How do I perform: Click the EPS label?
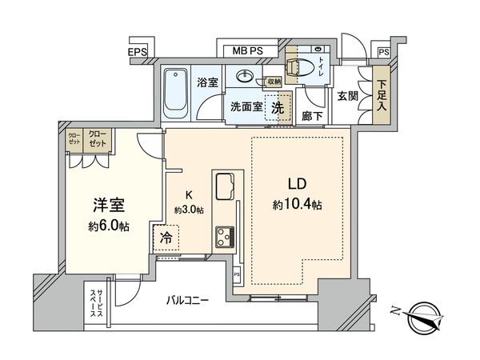pyautogui.click(x=138, y=52)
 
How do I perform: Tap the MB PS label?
pyautogui.click(x=248, y=51)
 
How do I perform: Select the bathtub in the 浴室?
pyautogui.click(x=175, y=93)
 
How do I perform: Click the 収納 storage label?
pyautogui.click(x=274, y=82)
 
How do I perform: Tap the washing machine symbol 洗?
pyautogui.click(x=278, y=108)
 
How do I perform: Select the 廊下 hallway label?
pyautogui.click(x=312, y=116)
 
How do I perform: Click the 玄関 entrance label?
pyautogui.click(x=347, y=97)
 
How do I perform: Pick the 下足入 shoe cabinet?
pyautogui.click(x=382, y=95)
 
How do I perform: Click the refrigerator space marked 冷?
pyautogui.click(x=166, y=238)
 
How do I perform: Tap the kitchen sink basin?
pyautogui.click(x=225, y=186)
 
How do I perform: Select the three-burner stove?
pyautogui.click(x=225, y=237)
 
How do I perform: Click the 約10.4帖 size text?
pyautogui.click(x=297, y=204)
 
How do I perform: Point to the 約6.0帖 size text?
pyautogui.click(x=109, y=226)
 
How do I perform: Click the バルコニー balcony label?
pyautogui.click(x=187, y=300)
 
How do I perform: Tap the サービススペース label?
pyautogui.click(x=96, y=304)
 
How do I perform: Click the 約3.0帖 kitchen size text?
pyautogui.click(x=189, y=210)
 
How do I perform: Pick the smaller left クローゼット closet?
pyautogui.click(x=74, y=138)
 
